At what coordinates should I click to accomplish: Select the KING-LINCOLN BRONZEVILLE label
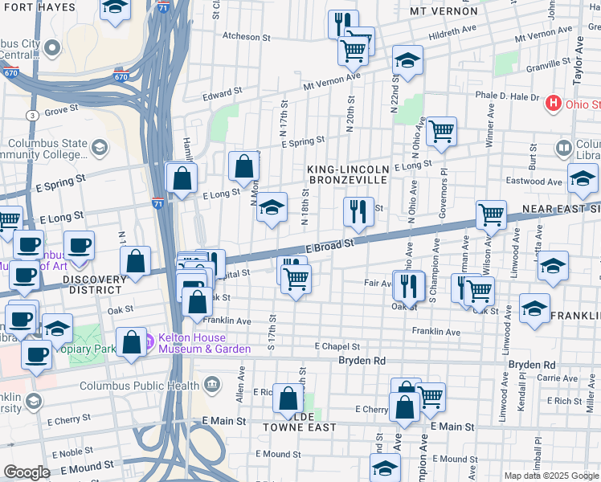[348, 174]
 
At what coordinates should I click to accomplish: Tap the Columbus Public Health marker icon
[213, 385]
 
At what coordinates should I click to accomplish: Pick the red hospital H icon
[552, 104]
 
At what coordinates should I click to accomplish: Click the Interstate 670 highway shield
[121, 77]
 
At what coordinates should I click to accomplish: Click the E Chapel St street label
[337, 345]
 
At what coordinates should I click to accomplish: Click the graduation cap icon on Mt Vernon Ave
[407, 59]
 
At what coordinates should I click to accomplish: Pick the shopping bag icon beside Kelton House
[131, 341]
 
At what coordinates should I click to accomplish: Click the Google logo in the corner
[27, 472]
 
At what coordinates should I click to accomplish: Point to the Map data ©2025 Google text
[550, 476]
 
